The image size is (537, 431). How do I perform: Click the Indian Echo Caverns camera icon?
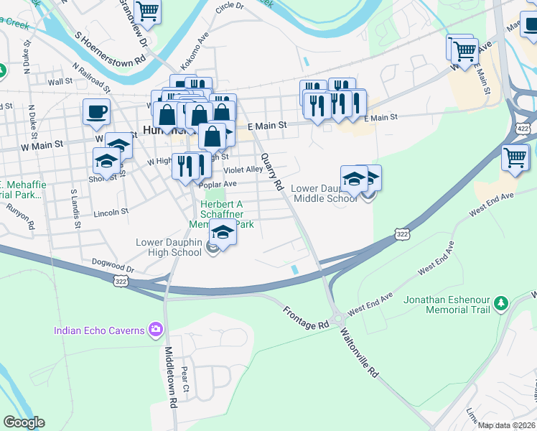(x=155, y=330)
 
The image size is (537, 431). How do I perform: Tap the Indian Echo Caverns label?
(x=100, y=330)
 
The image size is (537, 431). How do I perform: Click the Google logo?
(x=24, y=422)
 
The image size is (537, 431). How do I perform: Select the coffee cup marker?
(x=97, y=111)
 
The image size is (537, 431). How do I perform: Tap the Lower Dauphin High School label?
(x=169, y=247)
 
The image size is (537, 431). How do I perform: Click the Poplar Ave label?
(x=217, y=184)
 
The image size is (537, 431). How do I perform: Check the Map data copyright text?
(x=505, y=425)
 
